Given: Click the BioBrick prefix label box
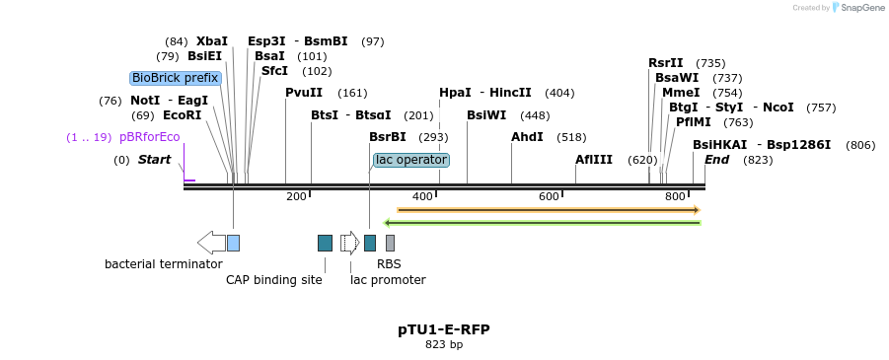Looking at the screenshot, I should pos(175,78).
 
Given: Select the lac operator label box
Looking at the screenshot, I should pos(411,160).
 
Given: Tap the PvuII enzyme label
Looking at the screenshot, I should pos(304,93).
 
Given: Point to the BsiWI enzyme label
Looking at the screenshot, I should pos(486,115).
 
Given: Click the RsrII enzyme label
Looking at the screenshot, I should pos(666,63).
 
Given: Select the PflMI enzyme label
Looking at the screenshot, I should pos(694,122).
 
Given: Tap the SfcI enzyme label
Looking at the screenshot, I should pos(274,71).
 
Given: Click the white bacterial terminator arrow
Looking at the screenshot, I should pos(211,243).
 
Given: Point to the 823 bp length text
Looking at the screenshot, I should pos(444,345).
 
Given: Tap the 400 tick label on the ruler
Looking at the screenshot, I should pos(423,197).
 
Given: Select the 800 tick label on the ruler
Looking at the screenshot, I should pos(676,197).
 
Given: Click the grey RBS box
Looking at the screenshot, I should pos(390,243).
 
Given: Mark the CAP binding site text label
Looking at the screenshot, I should pos(274,280).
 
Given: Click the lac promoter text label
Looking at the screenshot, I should pos(388,280).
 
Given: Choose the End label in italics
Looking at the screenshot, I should pos(716,160).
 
